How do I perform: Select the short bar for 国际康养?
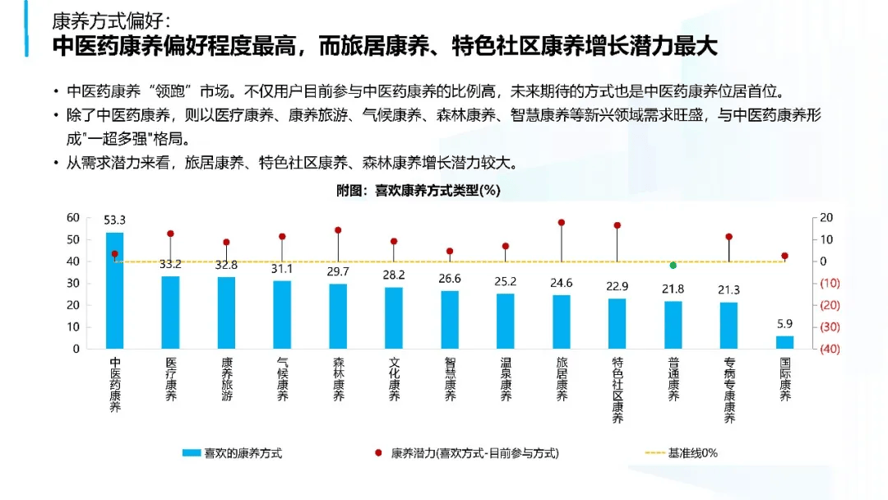click(x=785, y=341)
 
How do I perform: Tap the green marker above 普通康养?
click(x=673, y=266)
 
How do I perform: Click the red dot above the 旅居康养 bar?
click(x=562, y=223)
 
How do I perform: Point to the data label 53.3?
click(x=114, y=220)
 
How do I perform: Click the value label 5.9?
click(x=785, y=324)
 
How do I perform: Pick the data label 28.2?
click(x=394, y=275)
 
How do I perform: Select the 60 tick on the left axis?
click(x=73, y=218)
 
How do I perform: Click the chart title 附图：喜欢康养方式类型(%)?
click(x=419, y=190)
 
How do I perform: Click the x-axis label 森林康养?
click(x=338, y=379)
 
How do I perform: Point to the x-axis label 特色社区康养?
click(x=617, y=390)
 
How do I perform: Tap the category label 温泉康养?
click(x=506, y=379)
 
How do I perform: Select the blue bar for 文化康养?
click(x=394, y=317)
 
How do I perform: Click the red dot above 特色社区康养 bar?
click(x=617, y=225)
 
